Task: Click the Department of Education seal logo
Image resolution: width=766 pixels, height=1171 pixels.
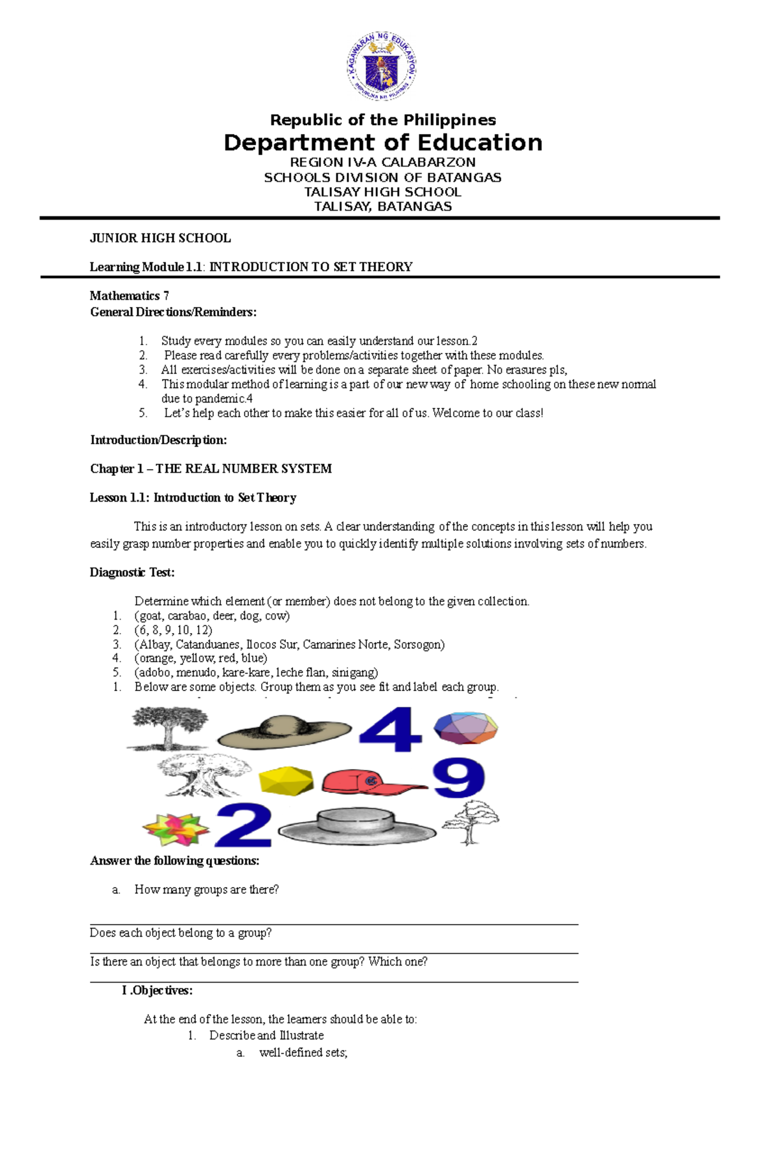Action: pos(382,66)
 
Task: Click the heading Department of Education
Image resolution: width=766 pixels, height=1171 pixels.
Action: pos(383,142)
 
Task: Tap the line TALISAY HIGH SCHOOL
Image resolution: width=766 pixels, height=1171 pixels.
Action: pos(382,192)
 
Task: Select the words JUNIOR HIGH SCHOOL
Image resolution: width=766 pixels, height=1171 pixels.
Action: pos(160,238)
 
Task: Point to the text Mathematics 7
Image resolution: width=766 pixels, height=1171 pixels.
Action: pos(129,295)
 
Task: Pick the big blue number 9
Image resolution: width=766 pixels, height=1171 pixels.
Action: pos(458,777)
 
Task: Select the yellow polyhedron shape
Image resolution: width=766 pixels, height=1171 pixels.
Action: pos(286,780)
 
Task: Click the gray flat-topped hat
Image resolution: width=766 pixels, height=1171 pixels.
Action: pos(357,826)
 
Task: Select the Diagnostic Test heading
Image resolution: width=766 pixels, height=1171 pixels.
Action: pos(132,572)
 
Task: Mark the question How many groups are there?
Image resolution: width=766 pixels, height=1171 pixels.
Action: pos(206,890)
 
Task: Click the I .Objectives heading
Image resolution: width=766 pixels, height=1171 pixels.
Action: pos(157,990)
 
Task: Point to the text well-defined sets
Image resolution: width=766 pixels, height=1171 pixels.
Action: pos(303,1052)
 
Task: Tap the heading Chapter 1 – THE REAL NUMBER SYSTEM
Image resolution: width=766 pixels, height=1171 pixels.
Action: pos(211,469)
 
